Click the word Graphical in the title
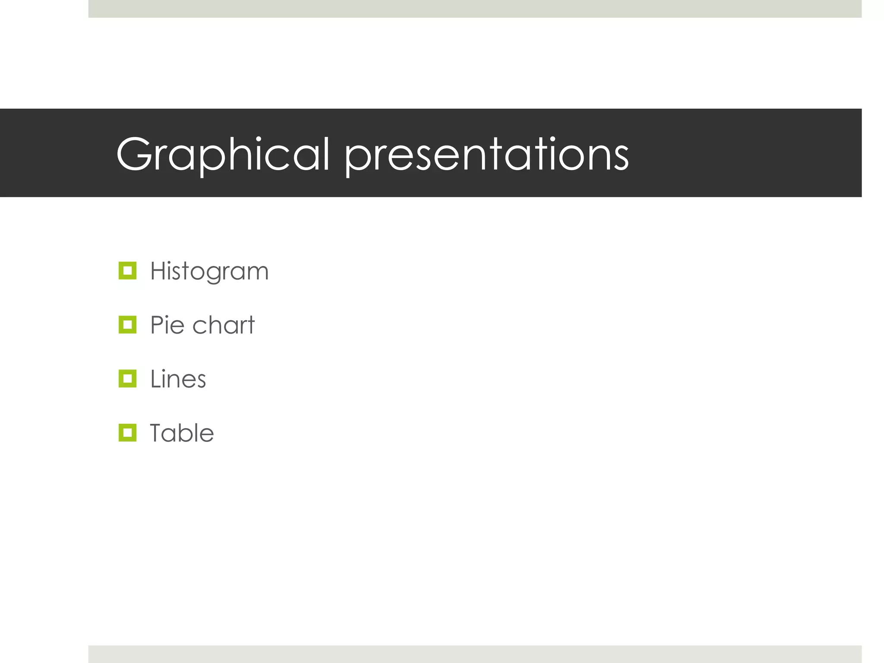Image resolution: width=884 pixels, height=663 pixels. [x=223, y=154]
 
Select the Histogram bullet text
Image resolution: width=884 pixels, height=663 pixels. [x=209, y=272]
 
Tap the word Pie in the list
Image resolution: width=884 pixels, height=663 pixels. [x=167, y=325]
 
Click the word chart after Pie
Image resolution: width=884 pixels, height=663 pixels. [x=224, y=325]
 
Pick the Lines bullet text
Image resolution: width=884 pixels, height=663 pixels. [x=178, y=379]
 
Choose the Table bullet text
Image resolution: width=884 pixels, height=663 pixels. [x=182, y=433]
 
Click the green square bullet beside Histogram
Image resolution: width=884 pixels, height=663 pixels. [x=127, y=271]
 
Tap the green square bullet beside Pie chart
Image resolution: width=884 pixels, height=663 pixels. [x=127, y=325]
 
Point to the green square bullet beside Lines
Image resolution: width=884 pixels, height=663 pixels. [x=127, y=379]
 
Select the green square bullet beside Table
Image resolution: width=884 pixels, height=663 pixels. [x=127, y=433]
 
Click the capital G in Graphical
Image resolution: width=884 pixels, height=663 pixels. [x=134, y=154]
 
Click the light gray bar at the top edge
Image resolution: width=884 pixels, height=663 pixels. [x=475, y=9]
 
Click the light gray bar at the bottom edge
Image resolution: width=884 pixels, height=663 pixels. [x=475, y=654]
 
